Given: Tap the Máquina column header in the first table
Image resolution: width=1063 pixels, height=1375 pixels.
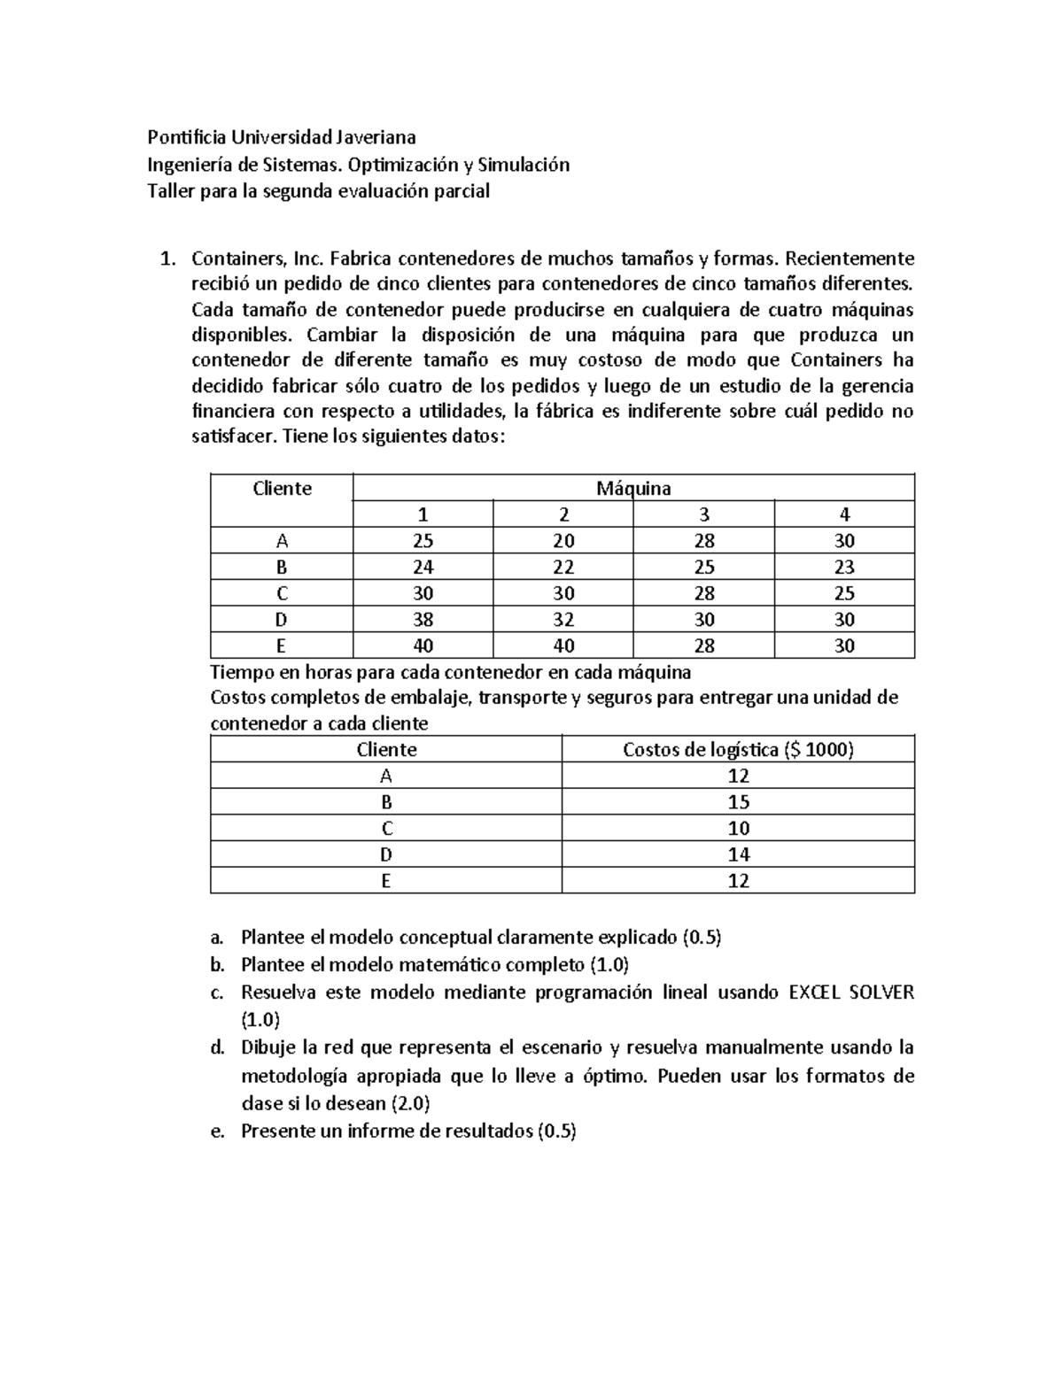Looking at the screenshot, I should tap(633, 488).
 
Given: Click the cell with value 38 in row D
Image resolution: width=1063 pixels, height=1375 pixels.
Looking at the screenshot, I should tap(423, 620).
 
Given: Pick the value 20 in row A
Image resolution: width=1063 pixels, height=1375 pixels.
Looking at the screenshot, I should tap(563, 541).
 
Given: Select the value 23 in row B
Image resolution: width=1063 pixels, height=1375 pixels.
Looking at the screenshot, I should tap(844, 567).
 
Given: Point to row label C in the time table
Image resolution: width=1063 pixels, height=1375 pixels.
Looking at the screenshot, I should tap(282, 593).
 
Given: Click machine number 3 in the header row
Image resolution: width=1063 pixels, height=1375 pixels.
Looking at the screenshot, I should tap(704, 514).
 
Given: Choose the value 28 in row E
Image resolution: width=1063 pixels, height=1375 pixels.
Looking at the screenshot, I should tap(704, 645).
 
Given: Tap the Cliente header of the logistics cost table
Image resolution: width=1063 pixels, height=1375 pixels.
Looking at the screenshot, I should tap(386, 750).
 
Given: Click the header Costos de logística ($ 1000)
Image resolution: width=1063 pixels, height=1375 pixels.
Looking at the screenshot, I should tap(738, 750).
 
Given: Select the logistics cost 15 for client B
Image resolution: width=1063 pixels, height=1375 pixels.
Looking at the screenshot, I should tap(738, 802).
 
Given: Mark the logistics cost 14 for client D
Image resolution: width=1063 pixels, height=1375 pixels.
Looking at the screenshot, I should tap(738, 854).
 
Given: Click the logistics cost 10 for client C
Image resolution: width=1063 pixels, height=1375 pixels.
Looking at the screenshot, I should tap(738, 829).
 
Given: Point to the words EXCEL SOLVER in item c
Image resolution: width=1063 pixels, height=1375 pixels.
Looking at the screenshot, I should tap(850, 993).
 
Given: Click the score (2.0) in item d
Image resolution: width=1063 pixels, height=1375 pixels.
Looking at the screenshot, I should tap(410, 1104).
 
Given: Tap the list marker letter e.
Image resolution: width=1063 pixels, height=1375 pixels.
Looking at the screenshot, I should tap(217, 1132).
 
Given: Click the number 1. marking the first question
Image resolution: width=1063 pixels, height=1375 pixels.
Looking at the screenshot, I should tap(166, 259).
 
